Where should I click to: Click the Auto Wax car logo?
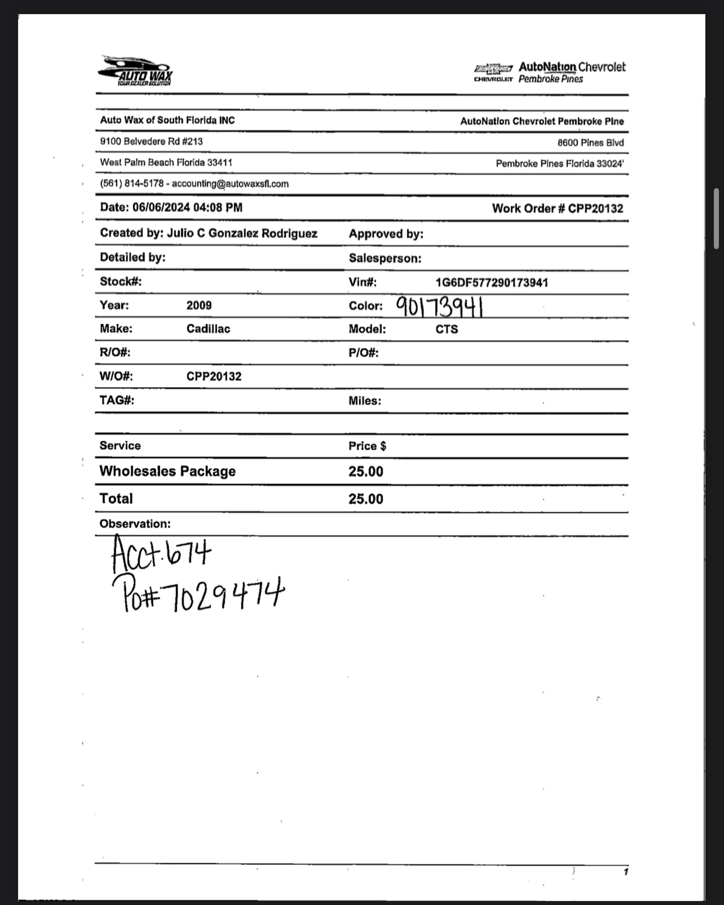tap(135, 71)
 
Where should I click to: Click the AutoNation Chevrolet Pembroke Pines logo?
tap(550, 73)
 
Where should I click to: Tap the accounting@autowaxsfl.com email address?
tap(230, 184)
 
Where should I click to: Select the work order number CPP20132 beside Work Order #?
tap(595, 208)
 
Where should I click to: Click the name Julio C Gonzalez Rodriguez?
tap(242, 233)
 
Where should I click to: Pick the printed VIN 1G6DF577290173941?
tap(492, 282)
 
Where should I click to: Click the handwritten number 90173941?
tap(439, 307)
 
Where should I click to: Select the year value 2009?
tap(199, 305)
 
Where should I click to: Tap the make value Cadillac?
tap(208, 329)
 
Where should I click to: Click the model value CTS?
tap(447, 330)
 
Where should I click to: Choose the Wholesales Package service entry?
tap(167, 471)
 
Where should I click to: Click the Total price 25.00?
tap(365, 499)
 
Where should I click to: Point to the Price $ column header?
tap(367, 446)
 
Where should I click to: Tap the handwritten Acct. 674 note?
tap(161, 553)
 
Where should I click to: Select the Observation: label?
tap(135, 524)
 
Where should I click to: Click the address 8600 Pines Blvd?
tap(590, 143)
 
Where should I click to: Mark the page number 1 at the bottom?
tap(625, 872)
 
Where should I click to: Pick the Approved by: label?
tap(386, 234)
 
